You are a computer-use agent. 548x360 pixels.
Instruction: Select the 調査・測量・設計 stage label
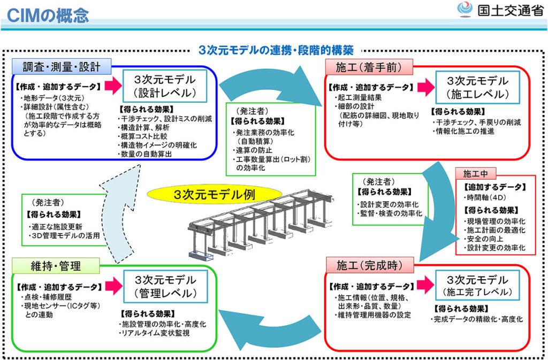tap(62, 67)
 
